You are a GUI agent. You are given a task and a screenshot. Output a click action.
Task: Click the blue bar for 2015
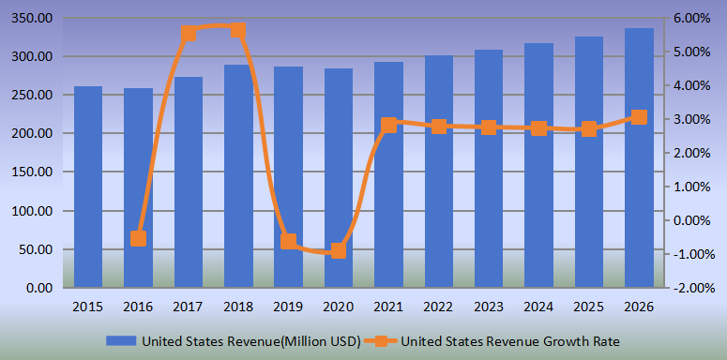click(x=88, y=187)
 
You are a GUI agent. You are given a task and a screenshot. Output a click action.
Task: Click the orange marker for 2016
click(x=138, y=238)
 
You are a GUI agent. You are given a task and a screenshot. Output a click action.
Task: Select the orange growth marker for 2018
click(x=238, y=30)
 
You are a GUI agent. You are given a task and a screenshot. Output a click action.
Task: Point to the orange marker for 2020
click(x=339, y=250)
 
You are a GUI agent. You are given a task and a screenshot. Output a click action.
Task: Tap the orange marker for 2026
click(x=639, y=117)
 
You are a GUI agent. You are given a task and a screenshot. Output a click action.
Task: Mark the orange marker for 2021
click(x=388, y=125)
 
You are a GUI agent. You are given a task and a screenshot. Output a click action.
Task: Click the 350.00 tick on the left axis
click(x=32, y=19)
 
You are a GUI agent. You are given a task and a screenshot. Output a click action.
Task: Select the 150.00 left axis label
click(x=32, y=172)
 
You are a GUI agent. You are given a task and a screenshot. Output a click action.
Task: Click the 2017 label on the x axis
click(x=189, y=307)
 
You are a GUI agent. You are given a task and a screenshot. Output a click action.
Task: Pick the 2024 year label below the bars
click(x=538, y=307)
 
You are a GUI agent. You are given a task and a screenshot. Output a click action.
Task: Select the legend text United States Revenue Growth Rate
click(x=510, y=340)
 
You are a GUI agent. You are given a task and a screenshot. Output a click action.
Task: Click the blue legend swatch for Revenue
click(x=121, y=340)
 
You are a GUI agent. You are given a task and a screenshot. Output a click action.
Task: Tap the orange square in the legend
click(x=383, y=340)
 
